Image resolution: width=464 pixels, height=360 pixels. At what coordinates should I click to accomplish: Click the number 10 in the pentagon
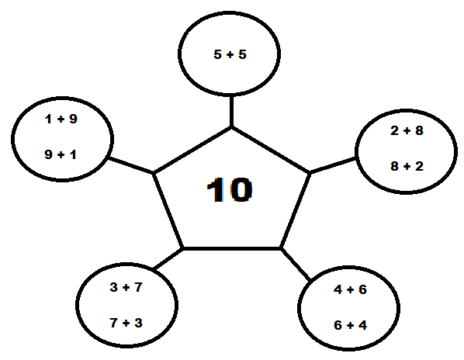coord(230,190)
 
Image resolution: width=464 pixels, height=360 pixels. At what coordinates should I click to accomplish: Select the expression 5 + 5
coord(230,54)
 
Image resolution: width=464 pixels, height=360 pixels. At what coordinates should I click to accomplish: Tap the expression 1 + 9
coord(61,119)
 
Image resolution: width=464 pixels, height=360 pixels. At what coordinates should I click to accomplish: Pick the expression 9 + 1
coord(61,154)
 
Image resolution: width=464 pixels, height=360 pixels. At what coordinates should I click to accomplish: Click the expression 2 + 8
coord(407,130)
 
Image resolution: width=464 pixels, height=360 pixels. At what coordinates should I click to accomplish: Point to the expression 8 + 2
coord(407,166)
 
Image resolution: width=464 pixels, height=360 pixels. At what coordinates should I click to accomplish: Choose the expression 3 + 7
coord(126,287)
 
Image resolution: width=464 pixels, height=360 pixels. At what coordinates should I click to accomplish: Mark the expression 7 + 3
coord(126,323)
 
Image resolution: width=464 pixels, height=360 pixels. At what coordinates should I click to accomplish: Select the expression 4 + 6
coord(351,289)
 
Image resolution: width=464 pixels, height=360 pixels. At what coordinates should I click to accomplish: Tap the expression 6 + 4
coord(351,325)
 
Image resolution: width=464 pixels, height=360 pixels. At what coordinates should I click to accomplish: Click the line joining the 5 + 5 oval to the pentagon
coord(231,111)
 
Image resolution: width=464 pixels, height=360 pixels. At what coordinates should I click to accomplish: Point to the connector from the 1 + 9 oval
coord(131,165)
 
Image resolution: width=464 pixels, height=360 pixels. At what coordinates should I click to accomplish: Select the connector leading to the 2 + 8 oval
coord(333,165)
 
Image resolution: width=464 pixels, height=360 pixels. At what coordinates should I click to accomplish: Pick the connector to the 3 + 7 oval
coord(168,259)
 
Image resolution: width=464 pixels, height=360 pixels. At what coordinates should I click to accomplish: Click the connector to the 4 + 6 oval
coord(296,264)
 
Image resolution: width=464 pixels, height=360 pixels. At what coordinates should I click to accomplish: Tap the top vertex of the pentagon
coord(231,127)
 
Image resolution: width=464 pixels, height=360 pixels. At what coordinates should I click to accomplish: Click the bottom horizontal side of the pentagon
coord(232,248)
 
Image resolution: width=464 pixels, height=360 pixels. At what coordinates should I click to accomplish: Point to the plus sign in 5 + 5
coord(230,55)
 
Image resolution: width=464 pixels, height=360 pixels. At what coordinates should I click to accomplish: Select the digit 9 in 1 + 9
coord(73,119)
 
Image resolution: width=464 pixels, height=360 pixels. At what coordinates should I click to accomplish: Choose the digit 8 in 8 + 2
coord(394,166)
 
